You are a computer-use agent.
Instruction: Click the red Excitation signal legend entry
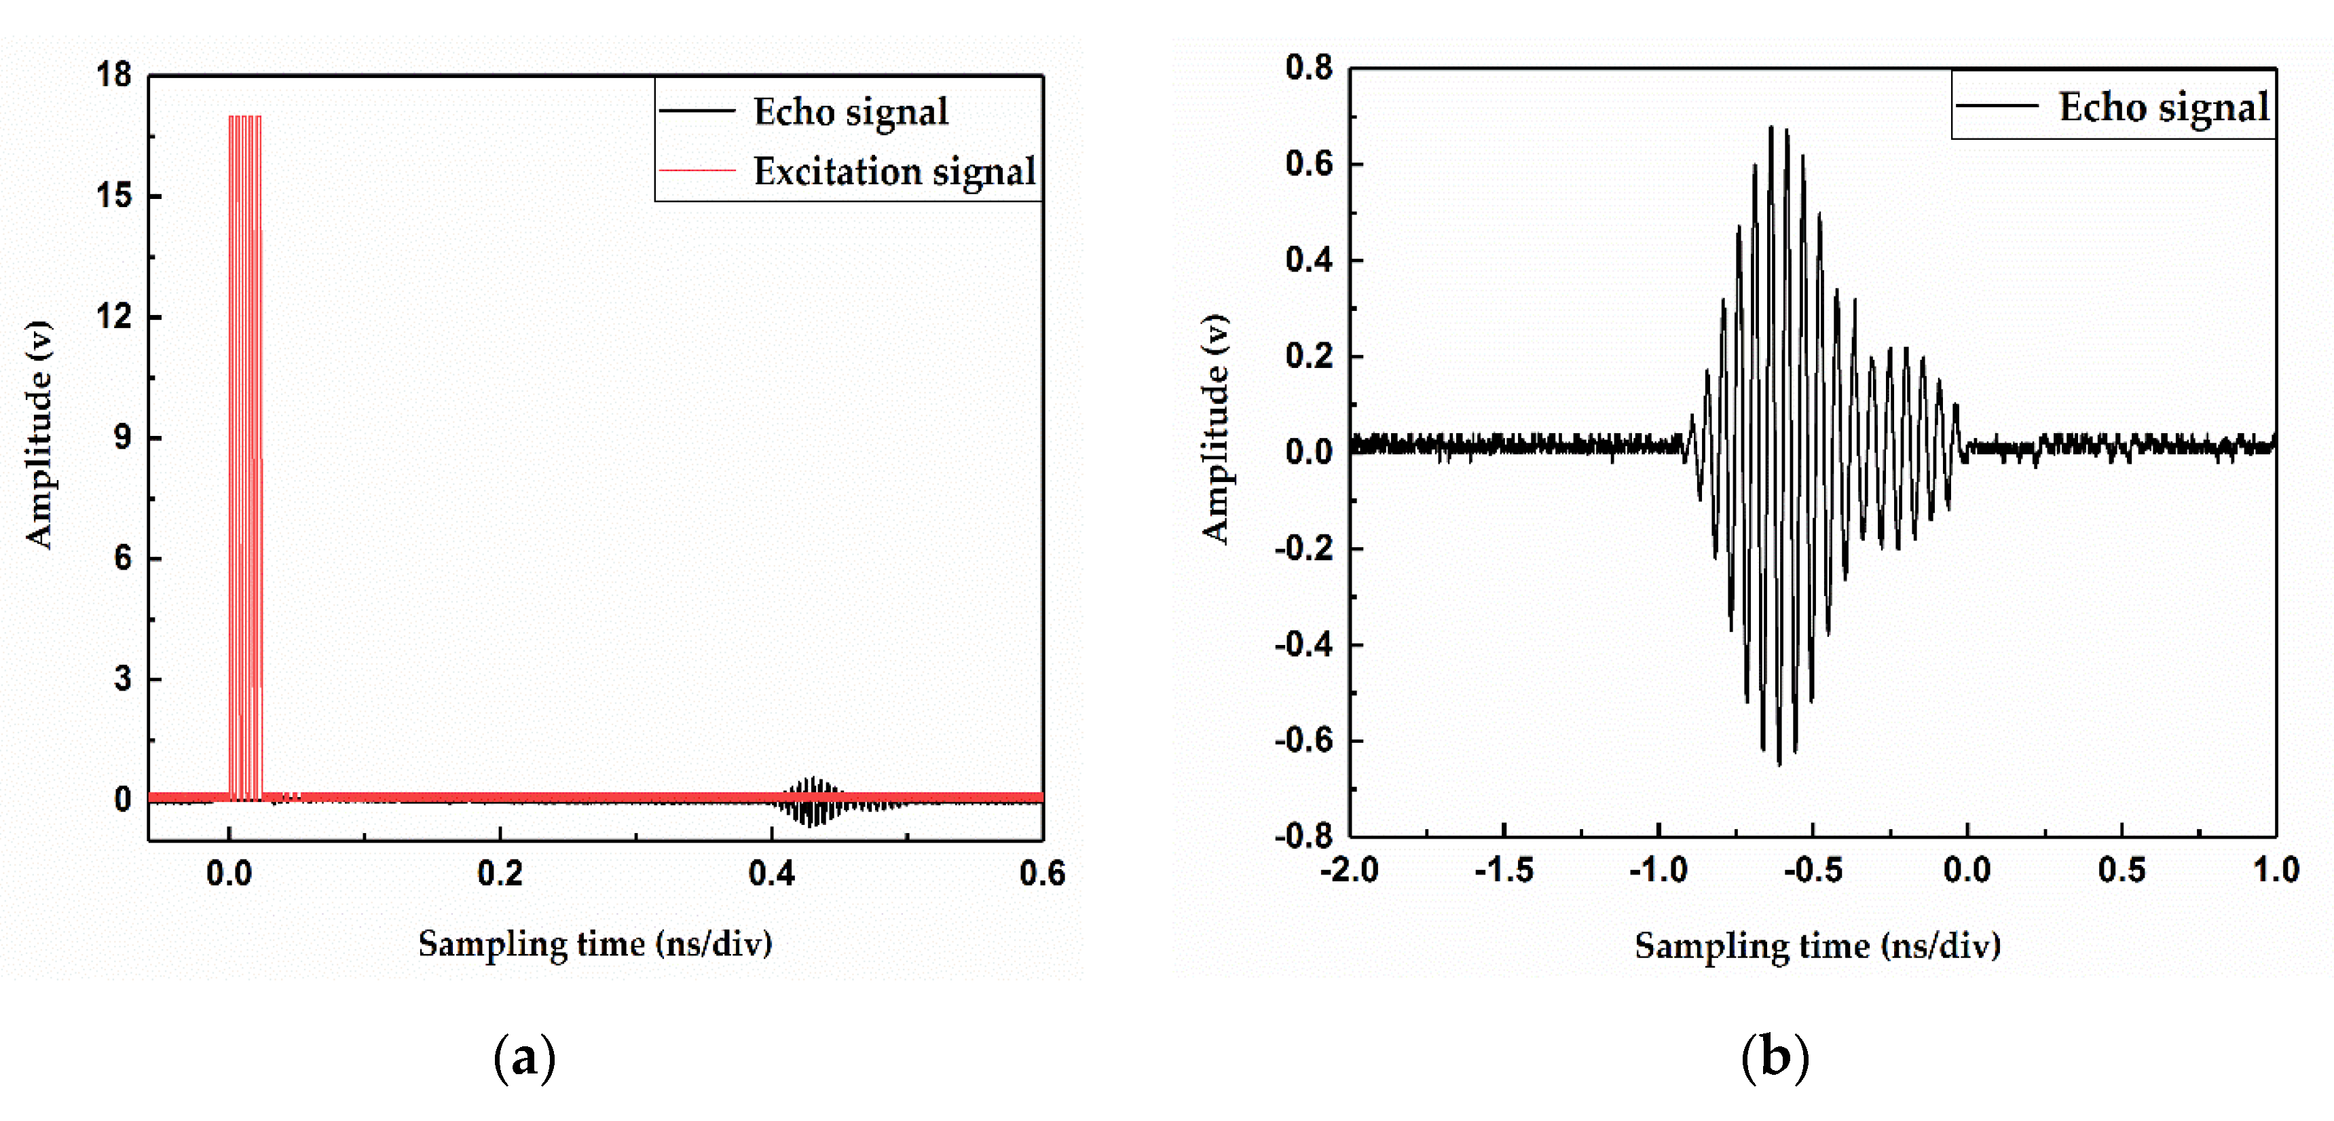[848, 170]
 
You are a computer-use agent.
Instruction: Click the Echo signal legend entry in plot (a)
[804, 111]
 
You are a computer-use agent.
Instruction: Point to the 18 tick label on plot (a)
[114, 74]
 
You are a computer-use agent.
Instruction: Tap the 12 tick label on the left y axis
[114, 316]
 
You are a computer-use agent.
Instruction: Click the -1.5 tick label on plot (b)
[1504, 870]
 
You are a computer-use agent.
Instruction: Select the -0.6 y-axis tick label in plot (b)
[1304, 740]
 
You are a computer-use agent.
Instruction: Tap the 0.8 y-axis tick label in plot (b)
[1310, 67]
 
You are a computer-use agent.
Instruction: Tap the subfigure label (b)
[1775, 1056]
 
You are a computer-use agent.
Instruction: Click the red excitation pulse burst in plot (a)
[244, 458]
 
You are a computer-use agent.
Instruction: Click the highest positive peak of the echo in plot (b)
[1771, 127]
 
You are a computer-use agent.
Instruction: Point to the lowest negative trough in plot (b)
[1779, 764]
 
